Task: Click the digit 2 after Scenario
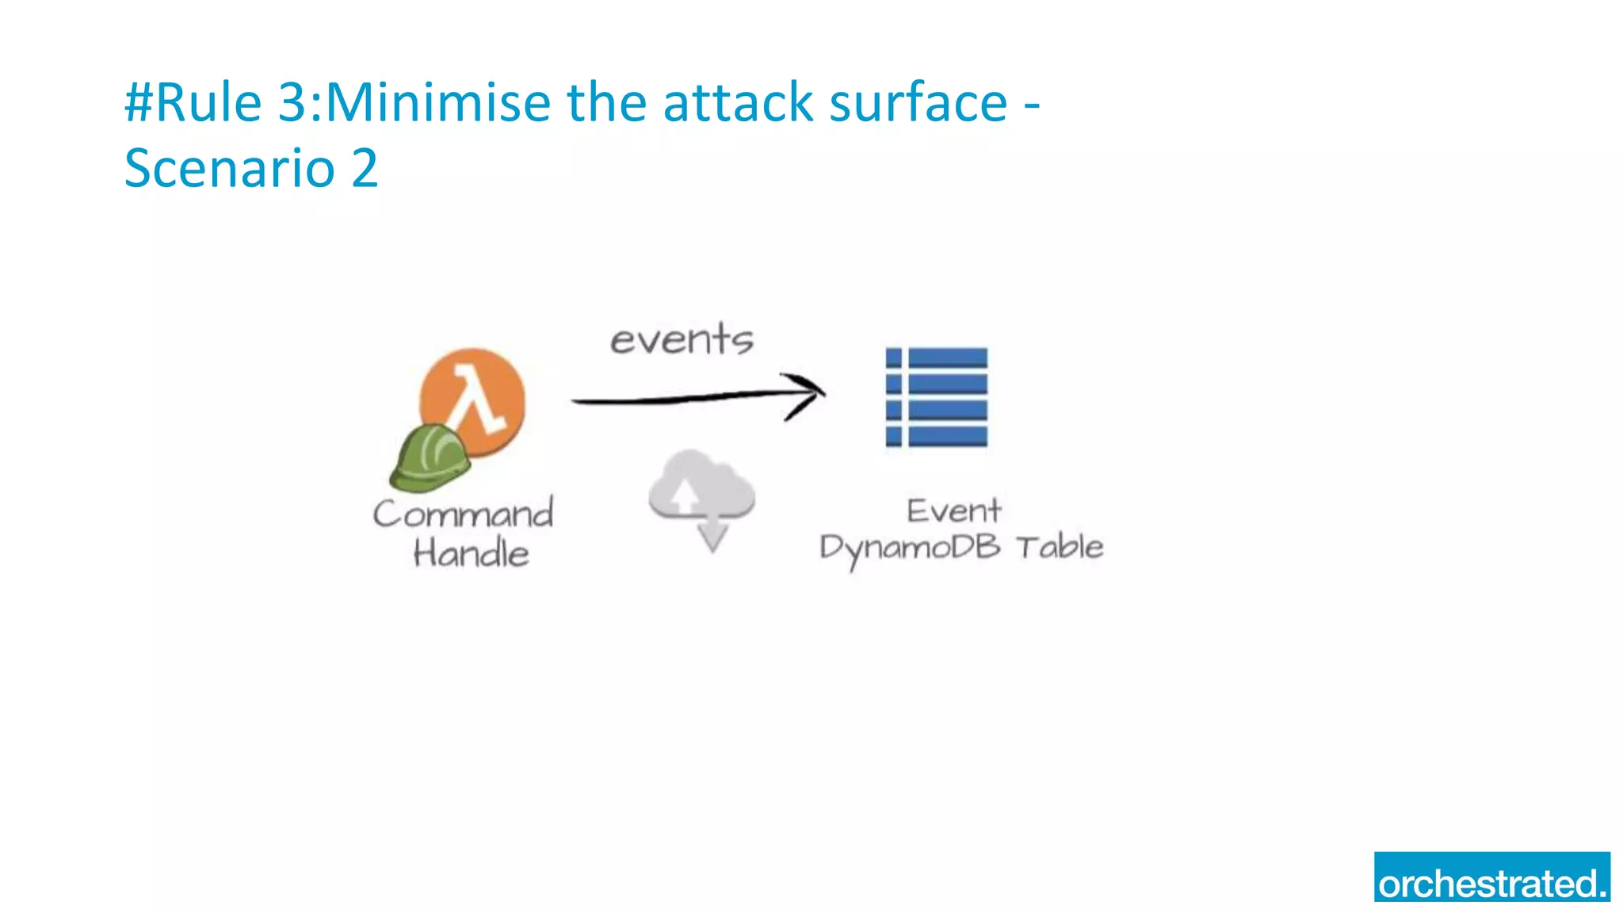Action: (x=365, y=168)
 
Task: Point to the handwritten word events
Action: (x=682, y=340)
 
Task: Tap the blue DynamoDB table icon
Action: (x=937, y=397)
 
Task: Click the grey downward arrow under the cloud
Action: (x=712, y=535)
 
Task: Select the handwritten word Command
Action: (x=464, y=514)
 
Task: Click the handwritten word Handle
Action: (x=471, y=552)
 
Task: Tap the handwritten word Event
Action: (x=954, y=511)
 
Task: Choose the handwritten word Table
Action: (x=1060, y=547)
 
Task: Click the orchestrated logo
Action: (x=1491, y=877)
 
